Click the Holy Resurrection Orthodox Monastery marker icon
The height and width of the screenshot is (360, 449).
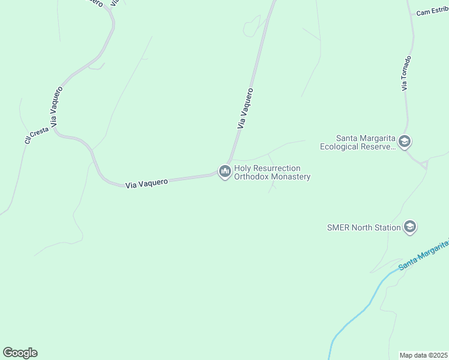(225, 172)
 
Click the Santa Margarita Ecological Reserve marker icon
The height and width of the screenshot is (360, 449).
(404, 142)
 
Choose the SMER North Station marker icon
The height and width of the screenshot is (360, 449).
(410, 227)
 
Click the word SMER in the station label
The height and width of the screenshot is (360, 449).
(338, 227)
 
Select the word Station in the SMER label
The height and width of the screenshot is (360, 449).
(387, 227)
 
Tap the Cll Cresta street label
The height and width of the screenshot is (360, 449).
(36, 135)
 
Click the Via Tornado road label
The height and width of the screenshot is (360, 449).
(407, 73)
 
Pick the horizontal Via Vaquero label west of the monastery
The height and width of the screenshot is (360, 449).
(146, 182)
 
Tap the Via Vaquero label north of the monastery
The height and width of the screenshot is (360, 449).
(246, 109)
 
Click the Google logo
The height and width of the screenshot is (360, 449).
(20, 353)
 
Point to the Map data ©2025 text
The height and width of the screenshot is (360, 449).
(424, 355)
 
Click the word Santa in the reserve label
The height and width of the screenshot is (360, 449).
(348, 137)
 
